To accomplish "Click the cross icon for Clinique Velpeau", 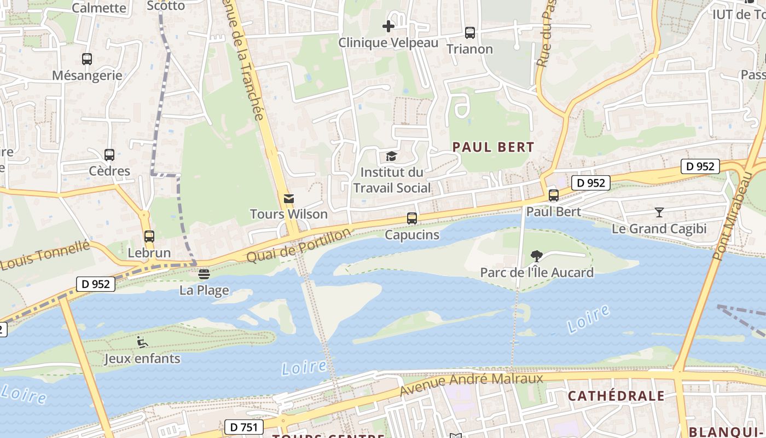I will (x=388, y=26).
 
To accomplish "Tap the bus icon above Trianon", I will (x=469, y=33).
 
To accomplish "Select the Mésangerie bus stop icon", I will (x=87, y=59).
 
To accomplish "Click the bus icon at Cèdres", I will (x=109, y=155).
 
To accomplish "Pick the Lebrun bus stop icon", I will (x=149, y=237).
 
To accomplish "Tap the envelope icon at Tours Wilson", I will (x=289, y=198).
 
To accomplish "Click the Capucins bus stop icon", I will (x=412, y=218).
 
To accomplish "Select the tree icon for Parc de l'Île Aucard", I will (x=537, y=256).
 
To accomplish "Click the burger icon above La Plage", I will (x=204, y=274).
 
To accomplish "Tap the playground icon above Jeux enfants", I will (x=142, y=342).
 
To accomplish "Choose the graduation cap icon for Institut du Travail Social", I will (x=392, y=157).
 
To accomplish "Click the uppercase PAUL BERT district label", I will (x=493, y=147).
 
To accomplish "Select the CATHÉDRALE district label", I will (x=616, y=396).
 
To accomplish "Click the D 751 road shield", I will (x=244, y=427).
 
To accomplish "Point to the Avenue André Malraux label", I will (x=471, y=383).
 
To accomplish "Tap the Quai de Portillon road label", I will (x=298, y=246).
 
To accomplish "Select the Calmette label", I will (x=99, y=8).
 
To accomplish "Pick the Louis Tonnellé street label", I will (x=45, y=256).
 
